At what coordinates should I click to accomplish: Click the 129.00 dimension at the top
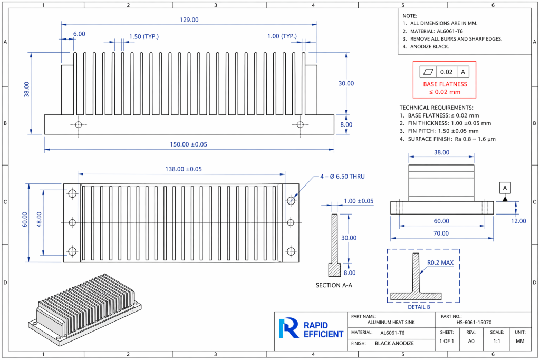coord(189,20)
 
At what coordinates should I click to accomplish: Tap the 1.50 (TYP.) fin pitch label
coord(144,36)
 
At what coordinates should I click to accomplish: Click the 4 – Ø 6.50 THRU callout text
coord(342,177)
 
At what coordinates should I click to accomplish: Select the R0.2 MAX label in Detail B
coord(440,262)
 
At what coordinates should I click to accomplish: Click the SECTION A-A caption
coord(334,285)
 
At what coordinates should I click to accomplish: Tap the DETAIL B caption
coord(419,307)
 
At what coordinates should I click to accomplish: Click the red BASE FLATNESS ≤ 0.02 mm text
coord(445,88)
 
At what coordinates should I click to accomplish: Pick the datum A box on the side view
coord(505,188)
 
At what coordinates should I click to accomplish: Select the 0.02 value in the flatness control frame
coord(446,72)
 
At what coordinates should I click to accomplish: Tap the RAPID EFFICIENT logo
coord(311,328)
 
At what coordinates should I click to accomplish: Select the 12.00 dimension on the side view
coord(518,221)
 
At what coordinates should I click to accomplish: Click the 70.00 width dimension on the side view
coord(441,233)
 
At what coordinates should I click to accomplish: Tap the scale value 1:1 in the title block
coord(497,342)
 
